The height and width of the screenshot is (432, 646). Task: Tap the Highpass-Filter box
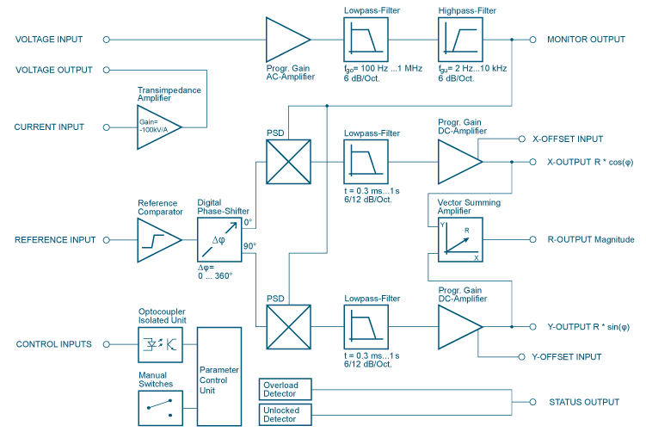459,40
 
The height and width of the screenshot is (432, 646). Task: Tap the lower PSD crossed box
286,327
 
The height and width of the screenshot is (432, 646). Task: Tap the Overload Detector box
283,389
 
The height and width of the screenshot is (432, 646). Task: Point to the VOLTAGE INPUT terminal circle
106,40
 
